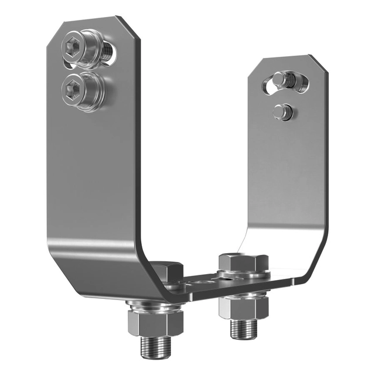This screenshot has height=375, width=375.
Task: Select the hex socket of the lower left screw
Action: click(73, 88)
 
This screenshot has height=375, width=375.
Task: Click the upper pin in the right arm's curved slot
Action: click(284, 80)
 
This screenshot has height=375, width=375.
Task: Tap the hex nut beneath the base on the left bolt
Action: click(155, 322)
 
